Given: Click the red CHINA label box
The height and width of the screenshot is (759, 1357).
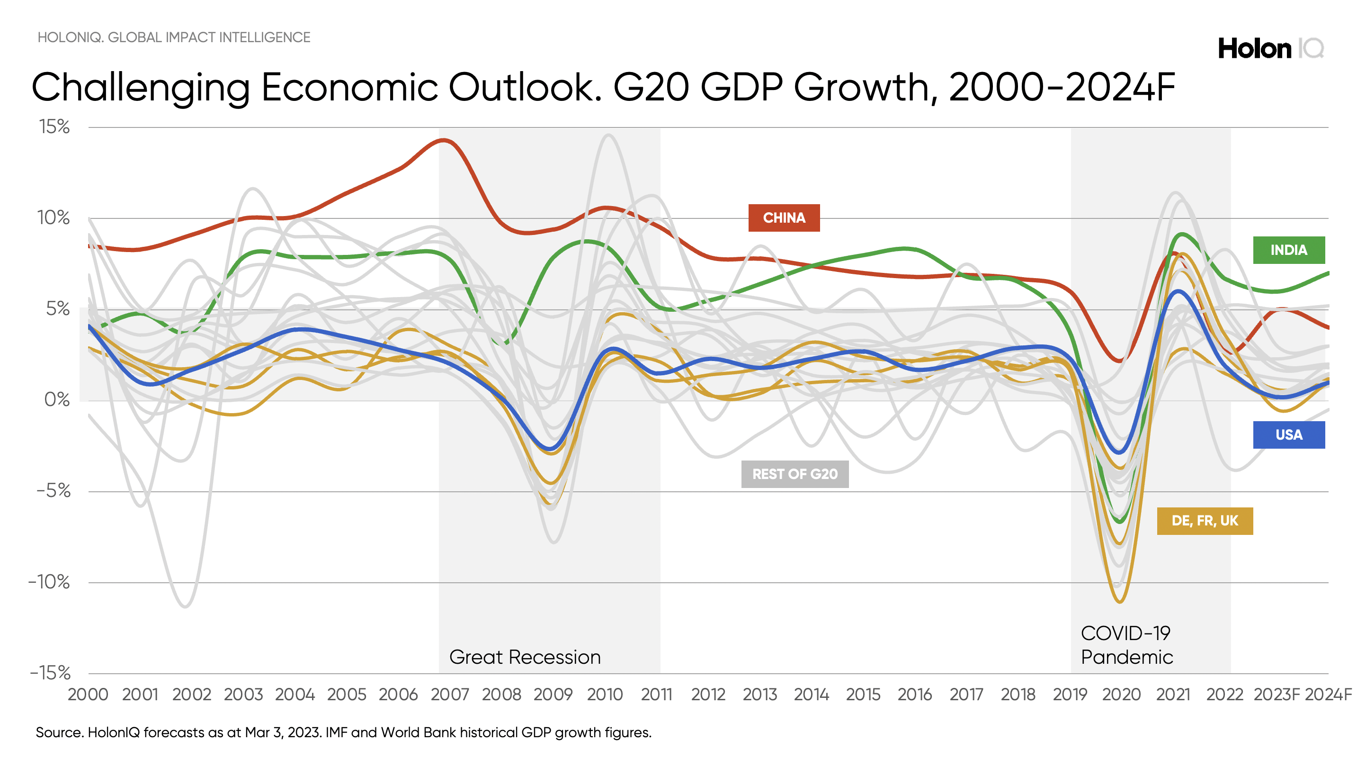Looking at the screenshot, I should click(784, 217).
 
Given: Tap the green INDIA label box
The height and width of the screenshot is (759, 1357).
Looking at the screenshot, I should click(1288, 250).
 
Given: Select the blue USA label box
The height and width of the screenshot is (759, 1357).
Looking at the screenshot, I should click(1288, 435).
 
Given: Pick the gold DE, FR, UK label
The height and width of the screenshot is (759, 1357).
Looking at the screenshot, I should click(1205, 521).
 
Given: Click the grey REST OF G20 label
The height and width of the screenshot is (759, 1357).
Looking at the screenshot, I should click(795, 474).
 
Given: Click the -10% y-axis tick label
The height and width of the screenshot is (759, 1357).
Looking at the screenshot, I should click(49, 582).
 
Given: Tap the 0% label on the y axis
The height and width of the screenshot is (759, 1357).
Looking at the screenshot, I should click(57, 399).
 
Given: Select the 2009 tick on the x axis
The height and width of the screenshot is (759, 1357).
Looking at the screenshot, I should click(553, 694).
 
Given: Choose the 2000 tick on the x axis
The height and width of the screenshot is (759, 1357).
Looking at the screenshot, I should click(88, 694).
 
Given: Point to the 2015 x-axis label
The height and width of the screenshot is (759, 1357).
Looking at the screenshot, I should click(863, 694).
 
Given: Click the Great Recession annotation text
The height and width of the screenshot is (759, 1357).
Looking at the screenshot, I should click(525, 657).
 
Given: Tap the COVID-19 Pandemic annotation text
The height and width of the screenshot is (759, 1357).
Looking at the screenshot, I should click(1126, 645).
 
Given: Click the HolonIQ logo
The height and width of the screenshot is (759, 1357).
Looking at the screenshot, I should click(1271, 48).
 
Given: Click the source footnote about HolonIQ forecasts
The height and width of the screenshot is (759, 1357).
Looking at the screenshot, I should click(343, 732).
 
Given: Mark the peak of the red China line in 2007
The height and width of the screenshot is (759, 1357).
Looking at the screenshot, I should click(444, 140).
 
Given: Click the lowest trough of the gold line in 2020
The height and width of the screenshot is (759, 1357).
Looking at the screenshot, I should click(1119, 601).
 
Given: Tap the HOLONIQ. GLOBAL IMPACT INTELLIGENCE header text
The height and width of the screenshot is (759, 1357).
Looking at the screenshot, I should click(174, 37).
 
